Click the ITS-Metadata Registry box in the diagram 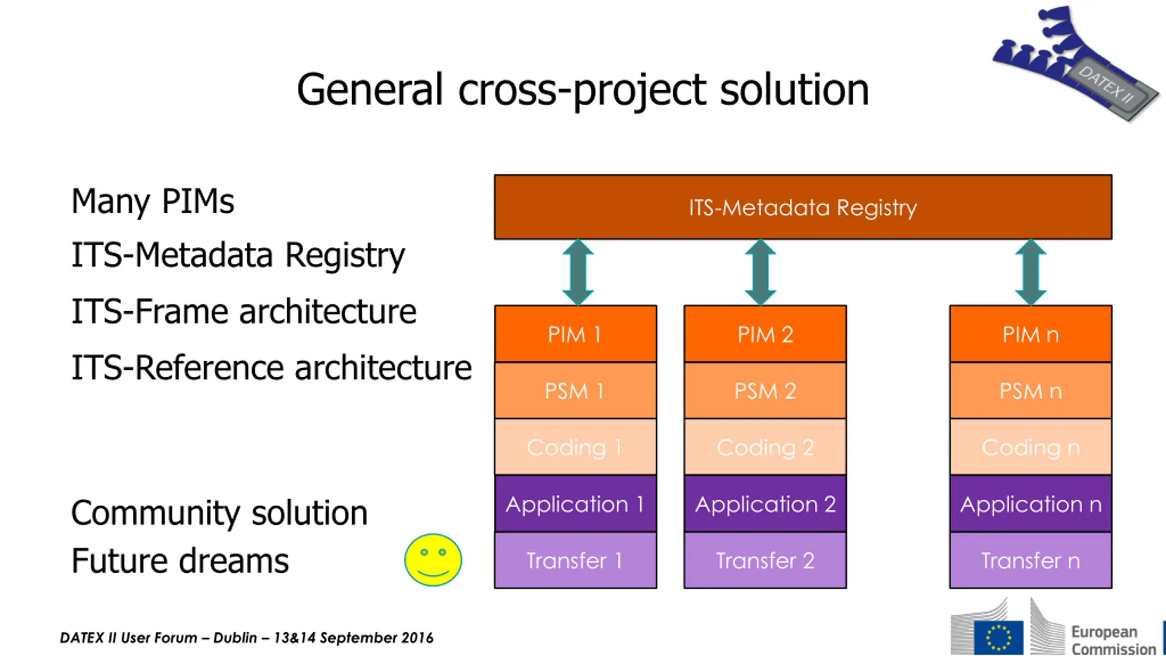tap(803, 207)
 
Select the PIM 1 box tap(575, 334)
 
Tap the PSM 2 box tap(765, 390)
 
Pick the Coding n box tap(1030, 447)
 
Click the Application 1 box tap(575, 504)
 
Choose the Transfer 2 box tap(765, 560)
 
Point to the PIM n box tap(1030, 334)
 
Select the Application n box tap(1030, 504)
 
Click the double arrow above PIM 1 tap(578, 272)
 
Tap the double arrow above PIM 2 tap(760, 272)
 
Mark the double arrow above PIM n tap(1031, 272)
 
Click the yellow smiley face tap(433, 560)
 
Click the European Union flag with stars tap(998, 637)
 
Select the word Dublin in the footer tap(235, 638)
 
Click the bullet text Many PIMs tap(153, 201)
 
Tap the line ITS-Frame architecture tap(244, 312)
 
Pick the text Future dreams tap(180, 560)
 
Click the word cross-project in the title tap(582, 90)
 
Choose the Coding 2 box tap(765, 447)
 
